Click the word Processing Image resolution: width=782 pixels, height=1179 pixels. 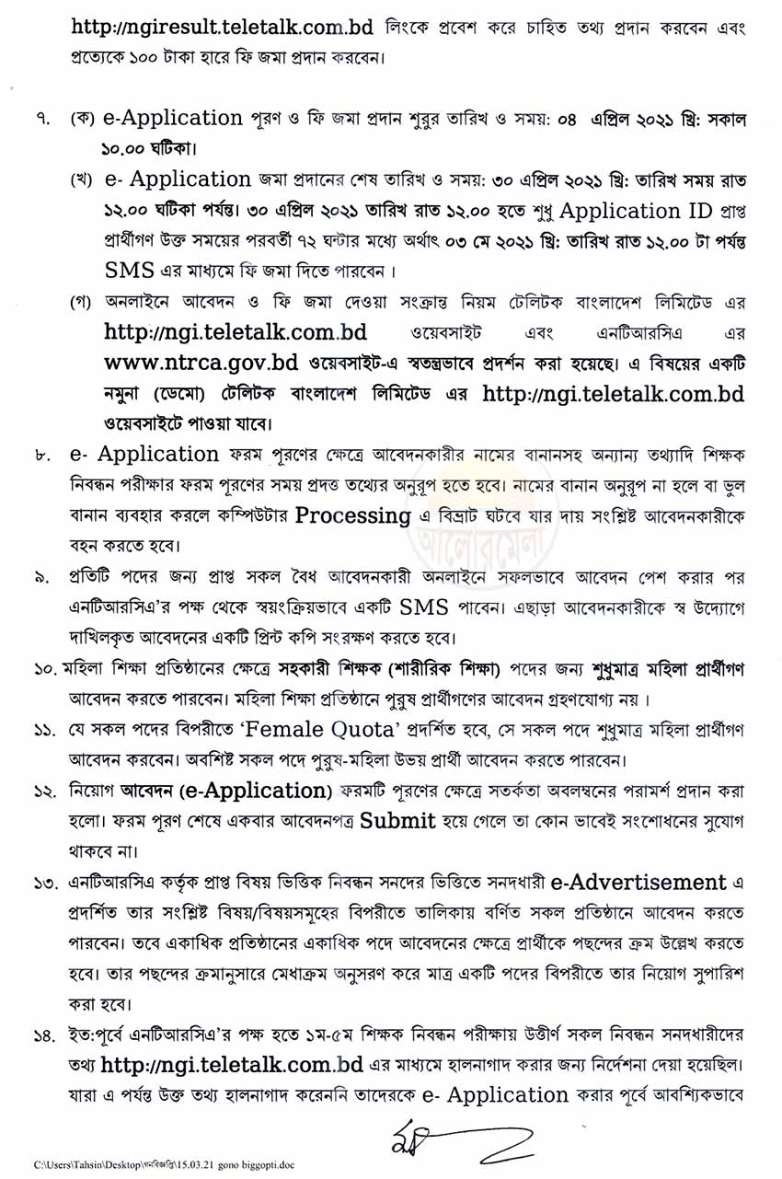[353, 514]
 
